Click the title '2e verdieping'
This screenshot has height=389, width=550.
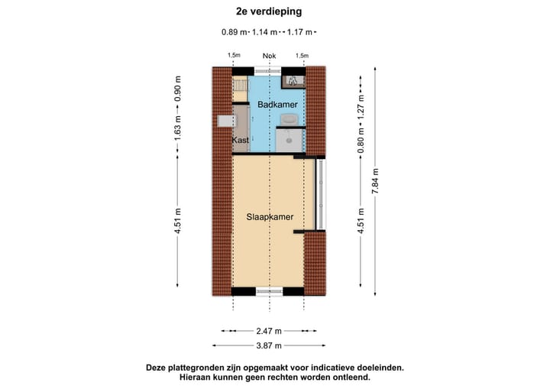(x=269, y=11)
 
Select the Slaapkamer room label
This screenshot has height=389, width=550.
(x=270, y=217)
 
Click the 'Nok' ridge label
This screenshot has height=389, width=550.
(x=269, y=56)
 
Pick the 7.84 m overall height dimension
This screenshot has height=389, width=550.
(x=375, y=182)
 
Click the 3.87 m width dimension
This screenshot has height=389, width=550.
(x=269, y=345)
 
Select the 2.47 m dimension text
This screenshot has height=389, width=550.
(x=269, y=331)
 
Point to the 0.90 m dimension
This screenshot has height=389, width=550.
(x=178, y=89)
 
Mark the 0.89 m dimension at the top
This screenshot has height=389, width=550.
(x=235, y=32)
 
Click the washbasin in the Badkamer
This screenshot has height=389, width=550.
(x=290, y=118)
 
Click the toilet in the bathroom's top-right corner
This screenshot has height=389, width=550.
(x=293, y=79)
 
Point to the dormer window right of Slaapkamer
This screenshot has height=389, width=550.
(x=321, y=194)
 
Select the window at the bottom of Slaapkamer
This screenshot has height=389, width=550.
(x=269, y=290)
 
